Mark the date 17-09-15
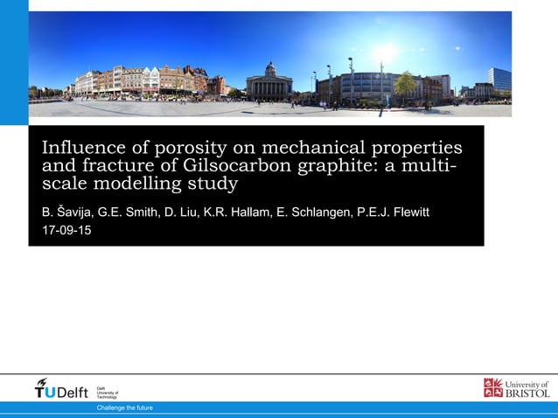(x=66, y=231)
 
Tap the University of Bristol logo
(x=516, y=388)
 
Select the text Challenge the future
(x=124, y=408)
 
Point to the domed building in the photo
(x=269, y=82)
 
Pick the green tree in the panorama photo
(x=405, y=85)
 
